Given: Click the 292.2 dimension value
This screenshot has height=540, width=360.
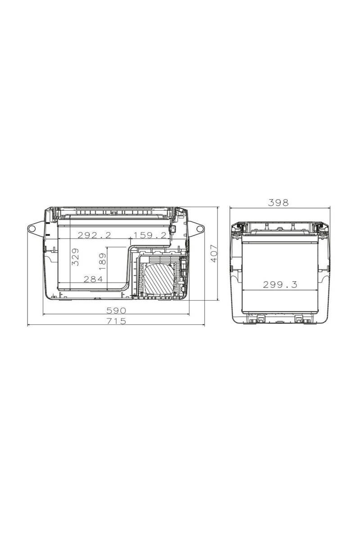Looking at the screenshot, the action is [x=94, y=235].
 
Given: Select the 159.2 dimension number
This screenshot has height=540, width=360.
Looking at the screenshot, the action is [x=150, y=235].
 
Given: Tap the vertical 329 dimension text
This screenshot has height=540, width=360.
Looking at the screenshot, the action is [x=76, y=257].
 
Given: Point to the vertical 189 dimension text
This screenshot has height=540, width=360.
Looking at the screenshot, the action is [x=103, y=261].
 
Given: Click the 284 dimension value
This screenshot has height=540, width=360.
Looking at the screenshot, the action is [x=93, y=279].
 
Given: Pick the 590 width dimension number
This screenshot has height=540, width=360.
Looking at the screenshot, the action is [x=116, y=310].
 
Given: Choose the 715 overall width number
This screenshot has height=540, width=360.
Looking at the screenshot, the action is [x=116, y=321].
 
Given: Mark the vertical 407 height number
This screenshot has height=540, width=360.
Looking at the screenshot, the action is [x=214, y=253].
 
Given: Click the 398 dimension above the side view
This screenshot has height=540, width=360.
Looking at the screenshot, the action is [x=278, y=203].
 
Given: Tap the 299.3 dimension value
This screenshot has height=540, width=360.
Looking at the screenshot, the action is [x=280, y=285].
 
